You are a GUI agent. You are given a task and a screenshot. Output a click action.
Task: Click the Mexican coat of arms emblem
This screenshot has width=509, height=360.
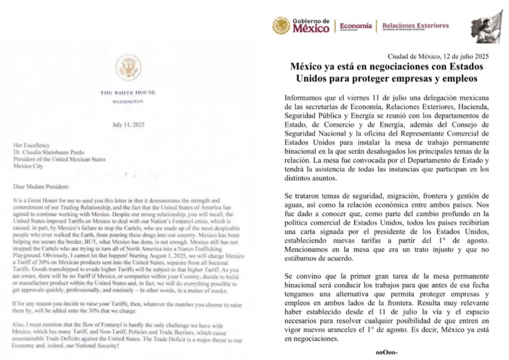[x=281, y=25]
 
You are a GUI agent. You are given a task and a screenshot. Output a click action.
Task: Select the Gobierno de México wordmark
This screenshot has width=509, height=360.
[x=310, y=25]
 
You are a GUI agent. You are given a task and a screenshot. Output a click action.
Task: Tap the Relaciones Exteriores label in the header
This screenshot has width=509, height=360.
[x=416, y=25]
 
